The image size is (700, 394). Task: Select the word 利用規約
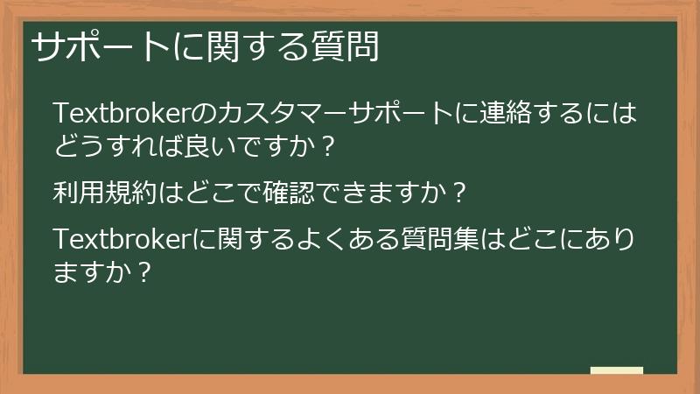[x=107, y=191]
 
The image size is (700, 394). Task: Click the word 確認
[x=288, y=191]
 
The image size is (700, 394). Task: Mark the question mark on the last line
[x=147, y=271]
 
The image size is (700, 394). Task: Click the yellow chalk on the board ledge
[x=617, y=370]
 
